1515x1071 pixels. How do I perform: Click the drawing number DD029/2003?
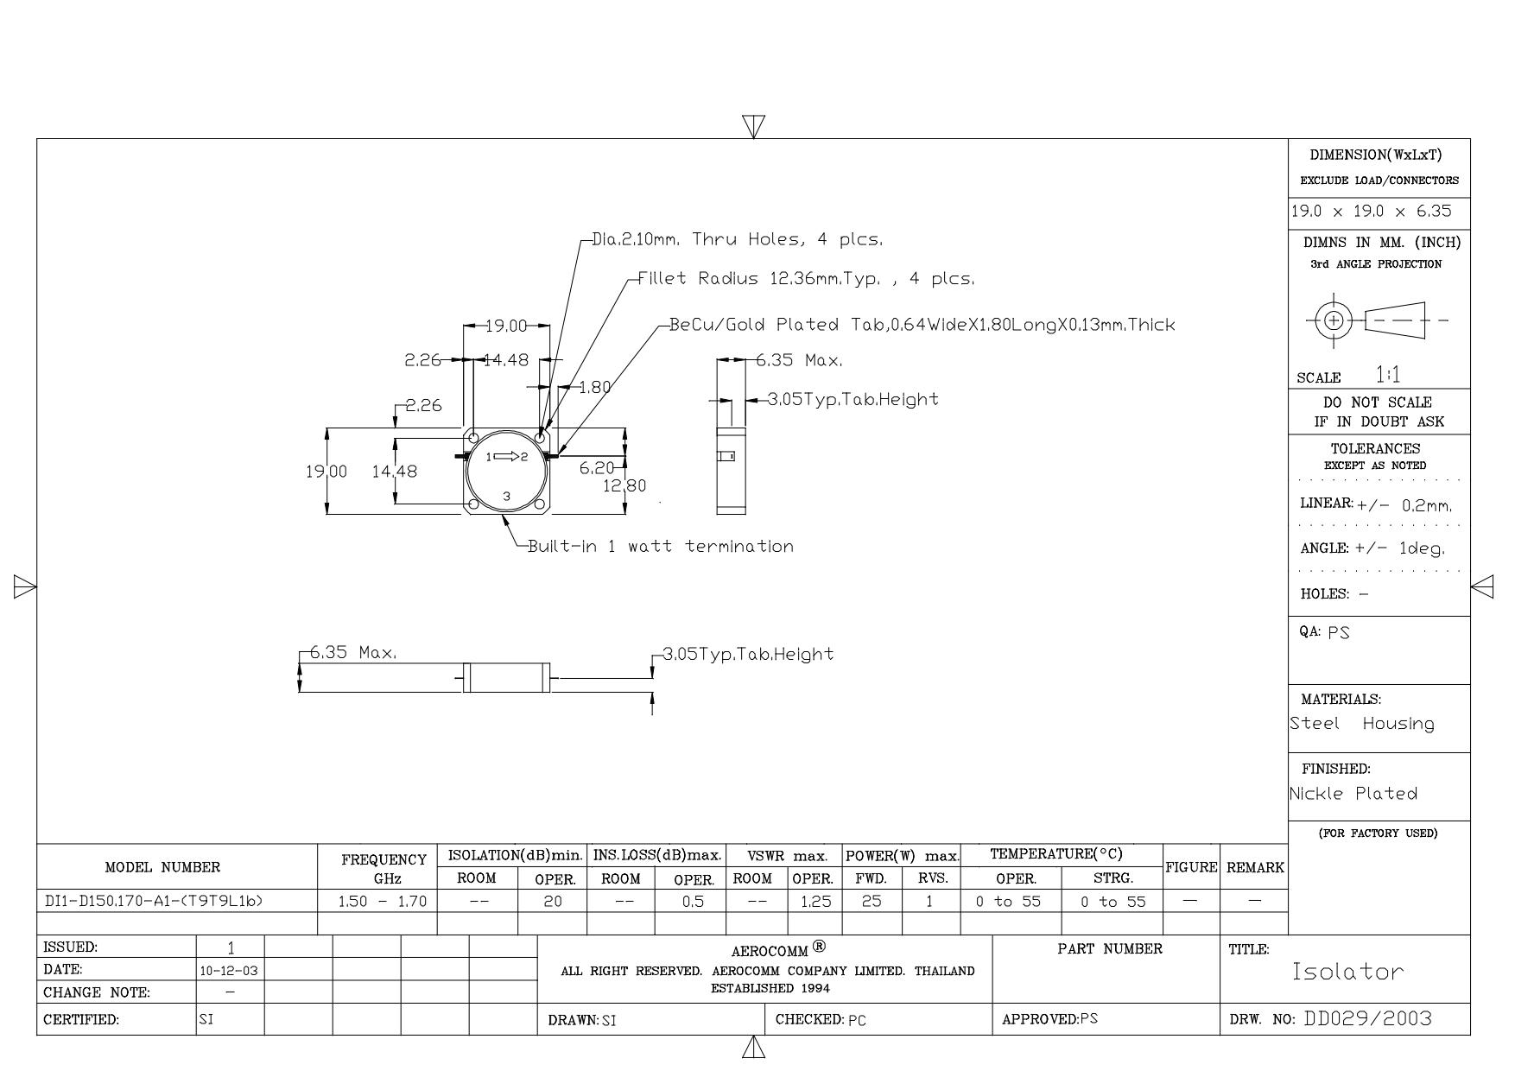click(x=1367, y=1019)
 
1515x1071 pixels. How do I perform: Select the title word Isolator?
click(x=1347, y=972)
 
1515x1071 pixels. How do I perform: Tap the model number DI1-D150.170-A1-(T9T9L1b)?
click(x=154, y=901)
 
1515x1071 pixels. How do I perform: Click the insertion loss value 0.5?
click(x=693, y=902)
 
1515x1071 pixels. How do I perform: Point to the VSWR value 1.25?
click(x=815, y=902)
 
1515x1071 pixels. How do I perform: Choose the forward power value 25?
click(x=872, y=902)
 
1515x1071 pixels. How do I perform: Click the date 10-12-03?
click(x=229, y=971)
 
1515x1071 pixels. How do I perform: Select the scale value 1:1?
click(x=1388, y=375)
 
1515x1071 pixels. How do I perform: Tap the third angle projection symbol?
click(x=1377, y=321)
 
